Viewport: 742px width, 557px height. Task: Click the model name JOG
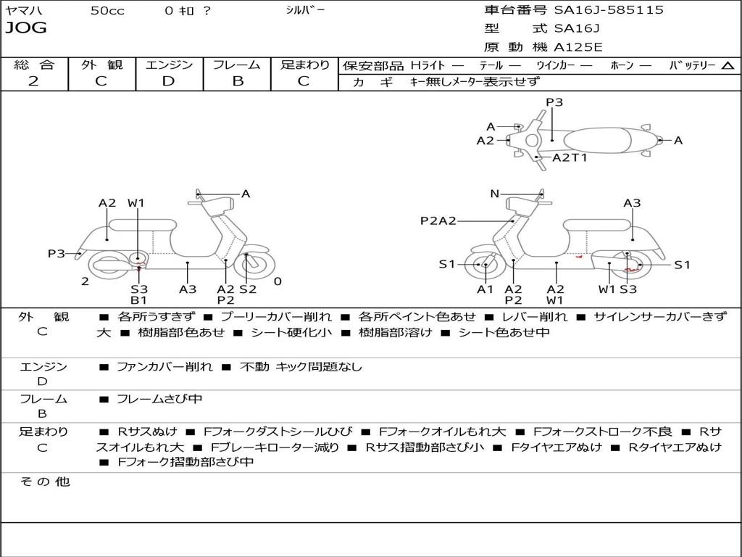tap(26, 28)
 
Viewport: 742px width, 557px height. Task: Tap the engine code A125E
tap(578, 47)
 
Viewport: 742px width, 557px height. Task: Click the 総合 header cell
tap(34, 65)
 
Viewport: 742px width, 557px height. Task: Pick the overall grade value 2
tap(33, 81)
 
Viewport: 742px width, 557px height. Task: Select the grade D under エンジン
tap(169, 81)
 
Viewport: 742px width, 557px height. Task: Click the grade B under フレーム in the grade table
tap(238, 81)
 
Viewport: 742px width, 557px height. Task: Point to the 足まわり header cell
tap(305, 65)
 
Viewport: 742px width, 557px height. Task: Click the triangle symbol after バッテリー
tap(728, 65)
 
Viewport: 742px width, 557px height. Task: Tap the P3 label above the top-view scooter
tap(554, 102)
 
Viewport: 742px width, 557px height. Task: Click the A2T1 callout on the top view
tap(570, 157)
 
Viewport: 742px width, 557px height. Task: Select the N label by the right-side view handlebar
tap(494, 194)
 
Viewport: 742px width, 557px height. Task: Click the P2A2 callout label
tap(438, 220)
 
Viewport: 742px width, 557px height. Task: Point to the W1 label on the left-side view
tap(136, 203)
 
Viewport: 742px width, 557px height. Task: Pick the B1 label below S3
tap(139, 300)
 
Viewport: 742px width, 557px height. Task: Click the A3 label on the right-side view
tap(632, 203)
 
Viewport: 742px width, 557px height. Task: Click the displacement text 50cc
tap(107, 11)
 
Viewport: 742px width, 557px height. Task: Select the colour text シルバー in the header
tap(305, 10)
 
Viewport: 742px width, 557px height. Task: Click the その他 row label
tap(44, 482)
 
